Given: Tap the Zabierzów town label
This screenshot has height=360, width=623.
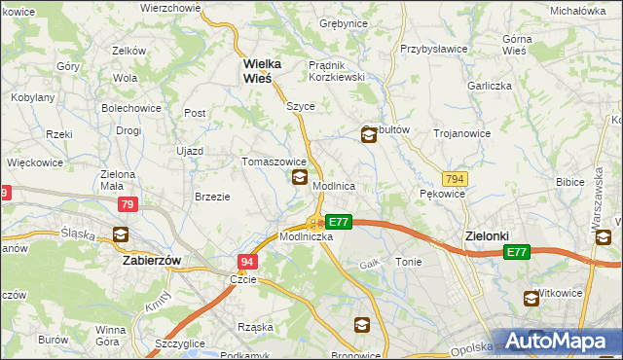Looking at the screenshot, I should tap(154, 261).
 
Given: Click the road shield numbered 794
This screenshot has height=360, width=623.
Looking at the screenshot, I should tap(454, 179).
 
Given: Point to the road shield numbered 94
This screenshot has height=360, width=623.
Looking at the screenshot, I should tap(247, 262).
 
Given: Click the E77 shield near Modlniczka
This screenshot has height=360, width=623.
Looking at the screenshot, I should tap(338, 222).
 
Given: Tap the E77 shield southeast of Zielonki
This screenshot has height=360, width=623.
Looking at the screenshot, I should tap(516, 252).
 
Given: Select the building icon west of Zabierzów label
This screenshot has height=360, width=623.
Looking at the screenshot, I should tap(121, 234).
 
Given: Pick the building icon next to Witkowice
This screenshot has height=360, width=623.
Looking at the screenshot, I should tap(531, 299).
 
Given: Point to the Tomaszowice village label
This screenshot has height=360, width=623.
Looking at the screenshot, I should tap(275, 162).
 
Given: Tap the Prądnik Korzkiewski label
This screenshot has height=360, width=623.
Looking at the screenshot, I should tap(336, 70).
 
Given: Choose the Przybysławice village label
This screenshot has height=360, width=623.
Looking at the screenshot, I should tap(436, 48).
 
